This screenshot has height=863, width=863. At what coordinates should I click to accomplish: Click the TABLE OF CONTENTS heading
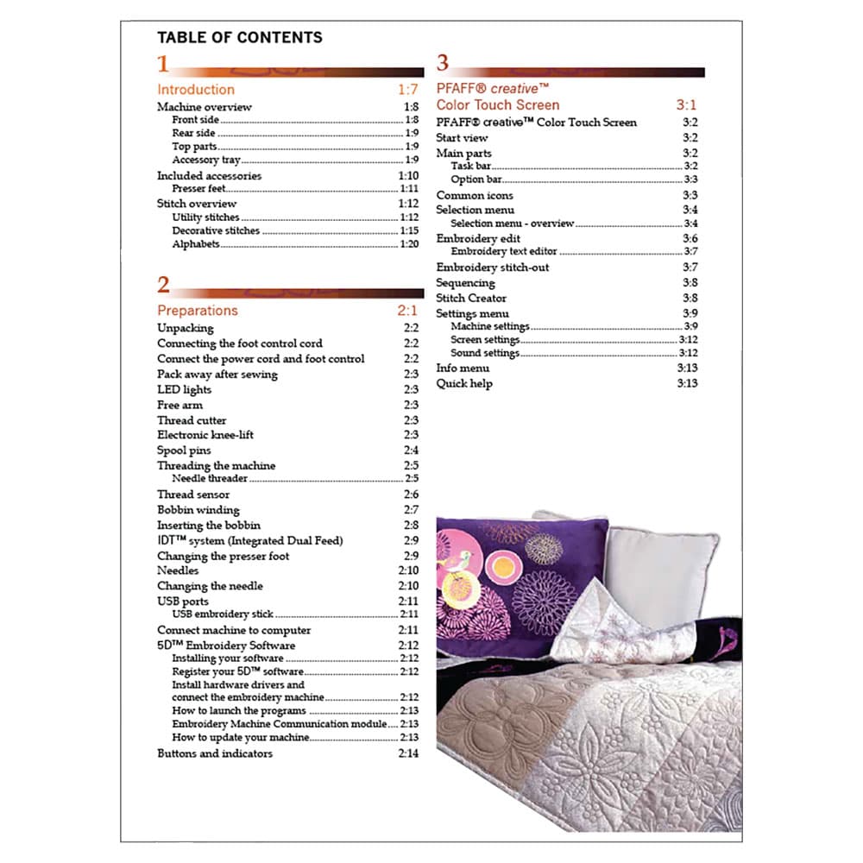click(239, 37)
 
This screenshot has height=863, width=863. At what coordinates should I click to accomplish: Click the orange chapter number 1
click(163, 64)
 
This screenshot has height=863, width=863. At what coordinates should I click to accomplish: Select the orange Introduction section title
click(195, 90)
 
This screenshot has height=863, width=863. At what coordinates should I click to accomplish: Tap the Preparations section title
click(197, 311)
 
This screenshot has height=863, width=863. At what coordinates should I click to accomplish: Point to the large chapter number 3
click(443, 63)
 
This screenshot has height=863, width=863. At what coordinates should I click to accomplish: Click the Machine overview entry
click(204, 107)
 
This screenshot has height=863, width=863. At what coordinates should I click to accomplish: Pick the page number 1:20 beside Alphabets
click(408, 244)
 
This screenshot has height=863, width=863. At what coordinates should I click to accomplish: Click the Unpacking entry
click(185, 328)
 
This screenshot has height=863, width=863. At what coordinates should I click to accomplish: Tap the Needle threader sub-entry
click(210, 478)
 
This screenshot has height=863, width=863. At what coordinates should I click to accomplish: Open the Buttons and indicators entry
click(214, 753)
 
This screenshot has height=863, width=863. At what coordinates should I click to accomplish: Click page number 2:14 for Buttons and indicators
click(408, 753)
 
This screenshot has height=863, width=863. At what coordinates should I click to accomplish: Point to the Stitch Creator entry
click(471, 298)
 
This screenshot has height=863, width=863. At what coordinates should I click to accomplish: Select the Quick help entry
click(464, 383)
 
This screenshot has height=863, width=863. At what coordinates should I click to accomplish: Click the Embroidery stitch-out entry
click(492, 268)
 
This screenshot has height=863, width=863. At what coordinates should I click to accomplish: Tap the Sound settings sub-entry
click(485, 353)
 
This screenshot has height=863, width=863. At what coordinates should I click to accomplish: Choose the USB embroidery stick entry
click(223, 614)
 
